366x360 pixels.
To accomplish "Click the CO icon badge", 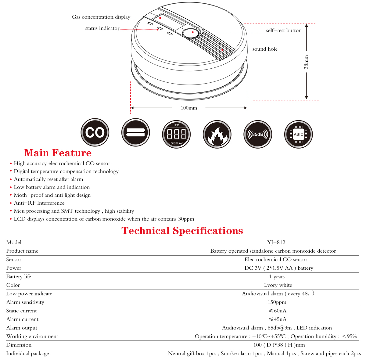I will [95, 133].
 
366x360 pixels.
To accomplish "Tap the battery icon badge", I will [135, 133].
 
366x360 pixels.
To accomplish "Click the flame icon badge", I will [217, 134].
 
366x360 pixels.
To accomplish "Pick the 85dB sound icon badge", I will [258, 134].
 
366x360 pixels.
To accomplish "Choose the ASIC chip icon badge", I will [298, 134].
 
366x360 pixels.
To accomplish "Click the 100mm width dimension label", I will [189, 108].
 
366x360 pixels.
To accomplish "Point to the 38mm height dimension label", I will [306, 62].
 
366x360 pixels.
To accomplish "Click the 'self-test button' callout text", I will [284, 31].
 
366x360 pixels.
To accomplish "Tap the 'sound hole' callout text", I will [265, 49].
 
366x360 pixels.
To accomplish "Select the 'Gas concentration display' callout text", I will [101, 17].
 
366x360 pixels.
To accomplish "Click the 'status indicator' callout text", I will [102, 28].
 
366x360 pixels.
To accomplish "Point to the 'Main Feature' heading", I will [58, 153].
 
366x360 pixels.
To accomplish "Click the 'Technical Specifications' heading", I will [182, 231].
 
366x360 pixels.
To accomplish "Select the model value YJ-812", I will [276, 243].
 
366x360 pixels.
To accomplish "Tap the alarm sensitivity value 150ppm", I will [277, 302].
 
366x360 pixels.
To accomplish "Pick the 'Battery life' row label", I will [19, 277].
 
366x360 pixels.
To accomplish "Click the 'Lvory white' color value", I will [278, 285].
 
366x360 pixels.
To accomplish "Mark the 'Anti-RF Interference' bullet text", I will [39, 203].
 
